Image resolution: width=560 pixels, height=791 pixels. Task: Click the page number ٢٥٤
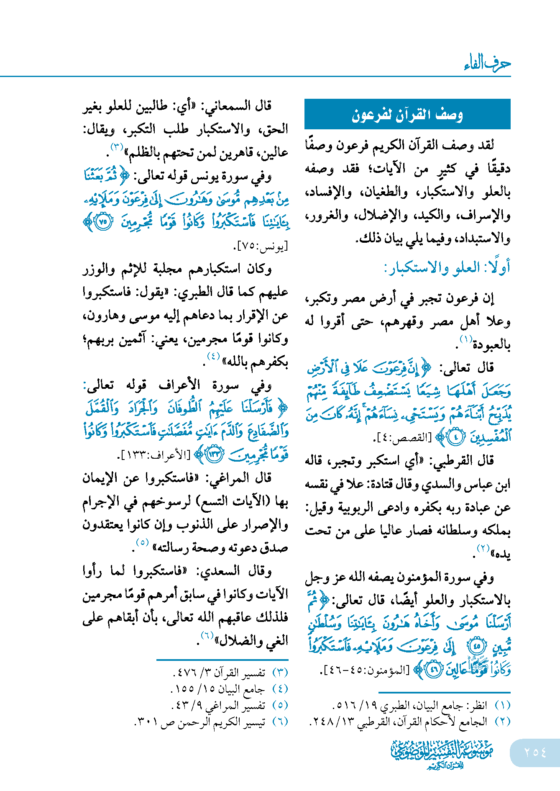(535, 752)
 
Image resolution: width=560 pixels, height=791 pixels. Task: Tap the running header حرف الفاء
(487, 63)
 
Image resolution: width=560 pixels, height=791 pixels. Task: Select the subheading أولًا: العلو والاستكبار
(447, 268)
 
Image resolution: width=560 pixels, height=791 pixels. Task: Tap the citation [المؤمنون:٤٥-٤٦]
(364, 670)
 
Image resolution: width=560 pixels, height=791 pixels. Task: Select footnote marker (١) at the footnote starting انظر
(502, 705)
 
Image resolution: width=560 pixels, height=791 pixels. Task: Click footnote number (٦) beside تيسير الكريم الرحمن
(280, 722)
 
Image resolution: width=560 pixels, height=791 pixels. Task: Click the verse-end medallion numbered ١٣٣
(215, 455)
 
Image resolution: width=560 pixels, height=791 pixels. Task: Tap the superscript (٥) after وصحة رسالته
(143, 542)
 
